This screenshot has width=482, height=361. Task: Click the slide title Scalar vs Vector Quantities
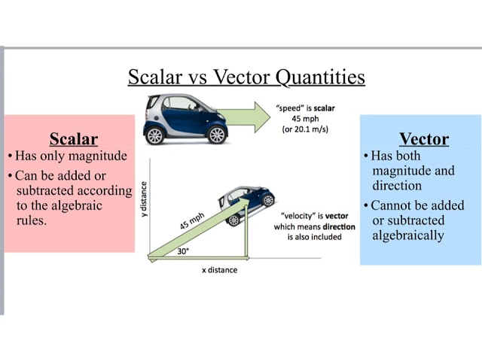tap(246, 77)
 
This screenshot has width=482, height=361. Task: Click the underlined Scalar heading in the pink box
tap(73, 139)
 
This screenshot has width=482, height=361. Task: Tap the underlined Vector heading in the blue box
tap(423, 139)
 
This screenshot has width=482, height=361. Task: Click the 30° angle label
tap(183, 252)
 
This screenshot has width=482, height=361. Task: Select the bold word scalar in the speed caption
tap(325, 108)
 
